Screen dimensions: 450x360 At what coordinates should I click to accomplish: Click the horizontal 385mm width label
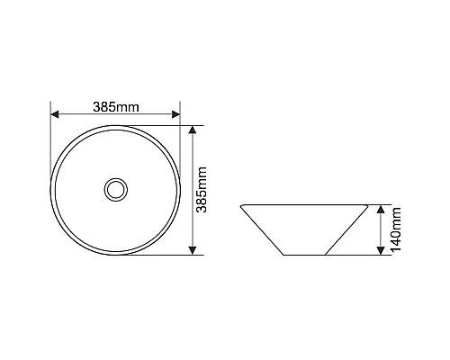click(116, 107)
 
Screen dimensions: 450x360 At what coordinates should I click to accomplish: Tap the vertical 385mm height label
click(202, 190)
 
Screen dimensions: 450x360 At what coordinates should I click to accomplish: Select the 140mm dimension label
click(396, 229)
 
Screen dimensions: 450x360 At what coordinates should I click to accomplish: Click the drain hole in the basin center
click(116, 190)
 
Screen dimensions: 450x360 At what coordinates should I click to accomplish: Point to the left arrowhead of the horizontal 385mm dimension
click(54, 114)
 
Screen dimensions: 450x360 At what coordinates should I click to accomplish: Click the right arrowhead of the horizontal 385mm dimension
click(176, 114)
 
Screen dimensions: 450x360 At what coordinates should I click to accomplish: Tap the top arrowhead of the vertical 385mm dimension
click(193, 130)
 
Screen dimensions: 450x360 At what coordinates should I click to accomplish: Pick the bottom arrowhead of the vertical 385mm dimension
click(193, 251)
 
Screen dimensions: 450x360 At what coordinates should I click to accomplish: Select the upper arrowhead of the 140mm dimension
click(381, 209)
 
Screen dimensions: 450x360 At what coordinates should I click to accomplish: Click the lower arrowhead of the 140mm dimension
click(381, 251)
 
